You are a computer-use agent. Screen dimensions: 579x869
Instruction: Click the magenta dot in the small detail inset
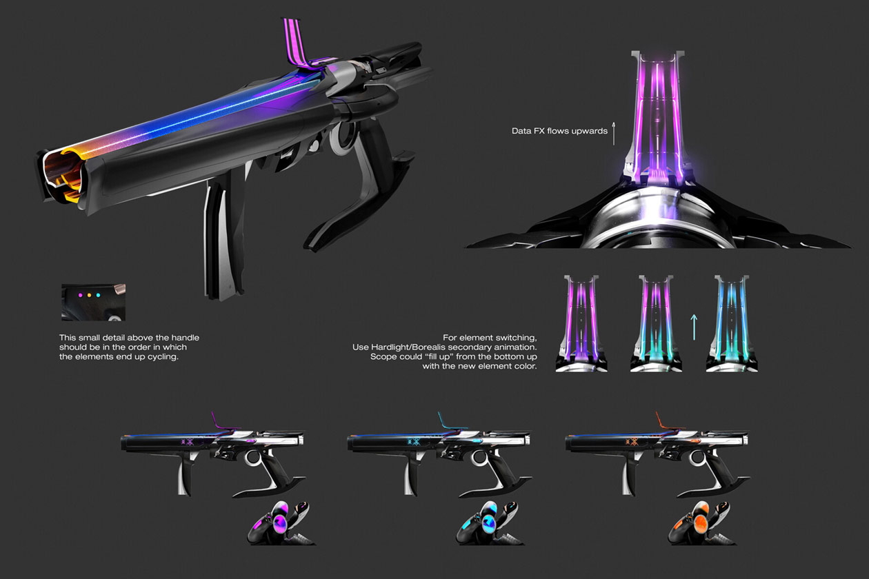tap(80, 295)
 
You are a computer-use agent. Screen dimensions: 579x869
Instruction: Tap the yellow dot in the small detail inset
tap(89, 295)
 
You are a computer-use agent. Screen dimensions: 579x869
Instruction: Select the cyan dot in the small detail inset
tap(98, 295)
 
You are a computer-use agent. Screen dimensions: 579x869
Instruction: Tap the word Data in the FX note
tap(521, 130)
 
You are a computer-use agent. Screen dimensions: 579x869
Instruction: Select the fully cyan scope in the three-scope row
tap(732, 321)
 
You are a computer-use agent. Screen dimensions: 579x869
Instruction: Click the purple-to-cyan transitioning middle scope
tap(656, 321)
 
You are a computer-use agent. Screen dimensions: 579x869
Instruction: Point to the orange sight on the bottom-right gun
tap(663, 421)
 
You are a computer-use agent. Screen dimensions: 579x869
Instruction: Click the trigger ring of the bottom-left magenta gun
tap(254, 458)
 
